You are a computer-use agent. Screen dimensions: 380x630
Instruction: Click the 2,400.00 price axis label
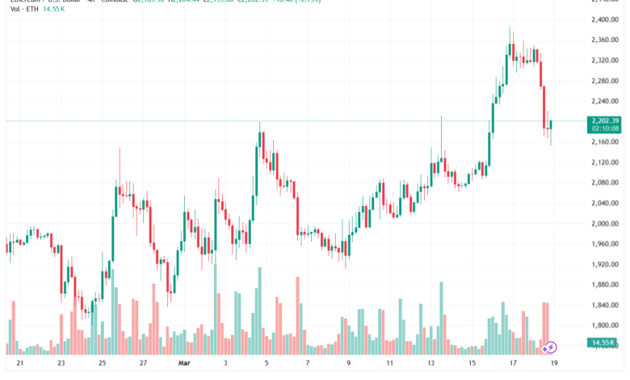(605, 19)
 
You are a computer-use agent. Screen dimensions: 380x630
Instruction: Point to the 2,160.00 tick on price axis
(605, 142)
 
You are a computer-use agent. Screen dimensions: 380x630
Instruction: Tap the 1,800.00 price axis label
(605, 326)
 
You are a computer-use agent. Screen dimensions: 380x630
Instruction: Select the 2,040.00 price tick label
(605, 204)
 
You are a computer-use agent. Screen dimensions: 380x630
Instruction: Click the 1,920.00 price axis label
(605, 264)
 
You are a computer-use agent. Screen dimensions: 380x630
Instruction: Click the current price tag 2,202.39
(605, 120)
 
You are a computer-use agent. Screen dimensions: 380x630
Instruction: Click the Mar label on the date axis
(183, 364)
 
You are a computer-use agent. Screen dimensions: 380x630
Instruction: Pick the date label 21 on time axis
(19, 364)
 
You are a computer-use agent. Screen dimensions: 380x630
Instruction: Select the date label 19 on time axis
(553, 364)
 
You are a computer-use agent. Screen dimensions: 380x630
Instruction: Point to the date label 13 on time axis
(431, 364)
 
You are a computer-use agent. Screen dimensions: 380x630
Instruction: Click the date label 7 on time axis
(307, 364)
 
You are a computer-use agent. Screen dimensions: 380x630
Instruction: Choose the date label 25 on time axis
(103, 364)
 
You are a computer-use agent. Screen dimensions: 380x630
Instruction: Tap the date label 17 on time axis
(514, 364)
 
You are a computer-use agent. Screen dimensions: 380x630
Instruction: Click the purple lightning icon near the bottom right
(550, 347)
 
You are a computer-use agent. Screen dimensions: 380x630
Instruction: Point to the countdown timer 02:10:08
(605, 128)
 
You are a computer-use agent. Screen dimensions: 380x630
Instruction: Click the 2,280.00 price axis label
(605, 81)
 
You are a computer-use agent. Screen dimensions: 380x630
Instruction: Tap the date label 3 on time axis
(226, 364)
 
